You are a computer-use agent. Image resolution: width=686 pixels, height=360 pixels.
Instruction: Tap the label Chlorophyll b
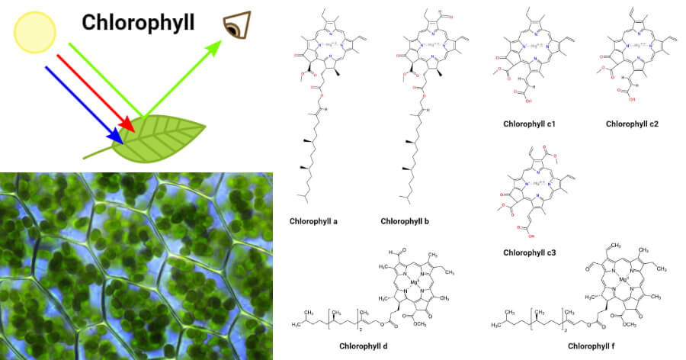click(x=406, y=221)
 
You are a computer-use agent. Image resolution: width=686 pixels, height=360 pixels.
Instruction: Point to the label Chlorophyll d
click(x=365, y=346)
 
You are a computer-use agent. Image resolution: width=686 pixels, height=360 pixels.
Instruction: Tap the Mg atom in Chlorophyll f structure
click(x=623, y=279)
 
